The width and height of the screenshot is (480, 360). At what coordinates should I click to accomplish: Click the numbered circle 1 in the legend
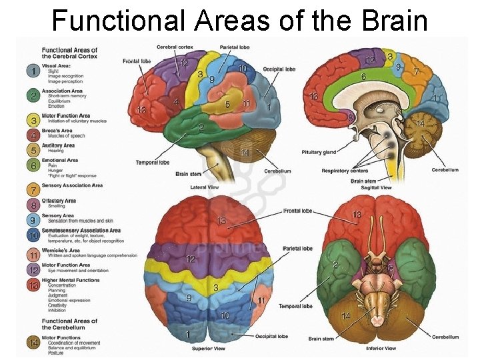[31, 70]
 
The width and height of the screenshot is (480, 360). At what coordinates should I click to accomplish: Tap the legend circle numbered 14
[31, 342]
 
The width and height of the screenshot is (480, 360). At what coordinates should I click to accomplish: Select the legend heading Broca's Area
[58, 131]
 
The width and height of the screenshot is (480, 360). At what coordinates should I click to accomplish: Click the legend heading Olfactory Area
[59, 201]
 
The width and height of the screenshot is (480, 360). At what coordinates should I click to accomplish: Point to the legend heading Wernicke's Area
[62, 250]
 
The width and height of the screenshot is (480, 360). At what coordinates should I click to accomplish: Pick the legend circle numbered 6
[31, 165]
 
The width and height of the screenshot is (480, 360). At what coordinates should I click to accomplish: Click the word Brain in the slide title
[395, 20]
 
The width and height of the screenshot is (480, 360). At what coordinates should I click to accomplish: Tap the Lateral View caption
[204, 188]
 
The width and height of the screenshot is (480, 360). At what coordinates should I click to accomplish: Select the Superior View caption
[209, 349]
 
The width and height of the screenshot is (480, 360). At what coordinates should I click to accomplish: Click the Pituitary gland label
[319, 152]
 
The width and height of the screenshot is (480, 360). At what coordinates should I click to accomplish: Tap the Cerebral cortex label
[175, 47]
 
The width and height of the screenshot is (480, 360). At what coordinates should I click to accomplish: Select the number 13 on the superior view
[222, 221]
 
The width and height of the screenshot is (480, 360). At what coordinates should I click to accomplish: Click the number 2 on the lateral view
[201, 127]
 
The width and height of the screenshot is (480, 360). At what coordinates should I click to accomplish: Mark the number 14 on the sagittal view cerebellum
[420, 124]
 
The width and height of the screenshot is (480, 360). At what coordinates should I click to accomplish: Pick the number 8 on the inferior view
[391, 268]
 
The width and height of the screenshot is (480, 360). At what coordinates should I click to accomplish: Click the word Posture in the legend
[56, 353]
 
